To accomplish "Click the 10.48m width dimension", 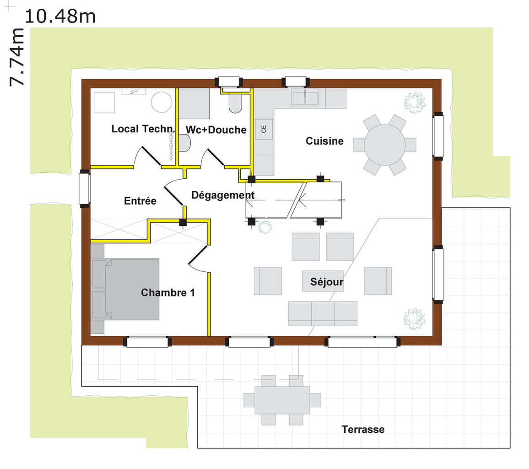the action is pos(60,16).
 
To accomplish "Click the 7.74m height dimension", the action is pos(17,57).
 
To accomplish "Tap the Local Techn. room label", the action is pos(143,129).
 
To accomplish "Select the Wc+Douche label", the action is pos(216,130).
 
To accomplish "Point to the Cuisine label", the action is pos(324,141).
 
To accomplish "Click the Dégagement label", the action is pos(223,195).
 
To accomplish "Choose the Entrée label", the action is pos(140,201).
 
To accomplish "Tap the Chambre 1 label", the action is pos(168,292).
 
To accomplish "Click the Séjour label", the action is pos(327,282).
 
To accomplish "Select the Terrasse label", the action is pos(363,430).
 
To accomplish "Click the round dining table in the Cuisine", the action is pos(384,145).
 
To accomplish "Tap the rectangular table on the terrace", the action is pos(282,400).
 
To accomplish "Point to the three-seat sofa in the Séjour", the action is pos(323,314).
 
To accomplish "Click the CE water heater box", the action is pos(264,129).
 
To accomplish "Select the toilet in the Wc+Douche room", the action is pos(236,103).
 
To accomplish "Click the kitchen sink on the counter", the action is pos(305,98).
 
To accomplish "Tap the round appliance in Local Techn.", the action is pos(162,102).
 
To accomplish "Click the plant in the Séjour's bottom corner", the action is pos(415,319).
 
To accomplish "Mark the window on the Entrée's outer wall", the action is pos(85,189).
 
